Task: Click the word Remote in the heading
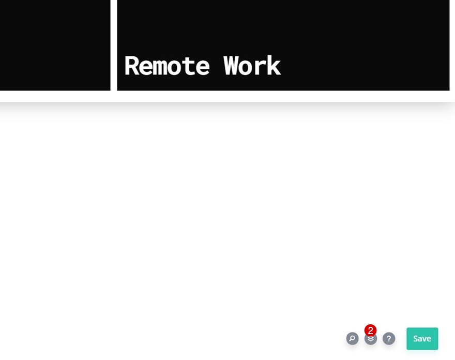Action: point(166,66)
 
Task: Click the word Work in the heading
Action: point(252,66)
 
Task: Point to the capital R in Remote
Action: point(132,66)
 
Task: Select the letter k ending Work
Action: point(274,66)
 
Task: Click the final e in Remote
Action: point(202,68)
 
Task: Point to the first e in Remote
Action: point(146,68)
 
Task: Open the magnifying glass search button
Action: point(352,339)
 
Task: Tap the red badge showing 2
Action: point(370,331)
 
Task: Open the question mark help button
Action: point(389,339)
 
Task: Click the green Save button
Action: point(422,339)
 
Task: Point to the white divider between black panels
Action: point(114,46)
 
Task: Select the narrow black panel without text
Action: point(54,46)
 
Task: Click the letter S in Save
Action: point(416,339)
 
